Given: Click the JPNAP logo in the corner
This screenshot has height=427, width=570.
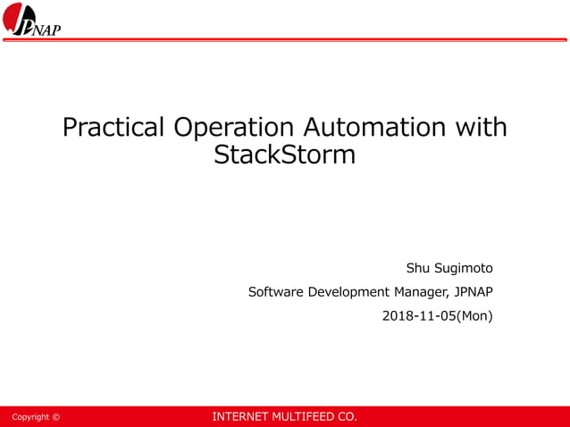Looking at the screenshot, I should click(35, 20).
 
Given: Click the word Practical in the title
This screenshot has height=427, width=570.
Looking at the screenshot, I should click(113, 128).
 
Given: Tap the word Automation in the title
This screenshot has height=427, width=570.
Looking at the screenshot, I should click(376, 128).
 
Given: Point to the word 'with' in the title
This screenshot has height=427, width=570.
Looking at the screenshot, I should click(482, 128).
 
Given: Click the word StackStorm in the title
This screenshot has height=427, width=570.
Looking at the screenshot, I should click(285, 155).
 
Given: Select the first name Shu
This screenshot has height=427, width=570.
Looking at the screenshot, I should click(419, 268).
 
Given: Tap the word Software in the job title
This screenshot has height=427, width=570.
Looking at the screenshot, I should click(275, 292).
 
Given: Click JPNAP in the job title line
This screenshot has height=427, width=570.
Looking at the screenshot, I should click(474, 292).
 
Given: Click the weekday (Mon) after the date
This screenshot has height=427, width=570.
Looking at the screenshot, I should click(475, 315).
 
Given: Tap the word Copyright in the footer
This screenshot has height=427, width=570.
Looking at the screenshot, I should click(30, 417).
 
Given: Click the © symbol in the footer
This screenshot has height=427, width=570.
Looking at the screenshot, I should click(56, 417).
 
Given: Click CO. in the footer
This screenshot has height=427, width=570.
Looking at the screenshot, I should click(347, 417).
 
